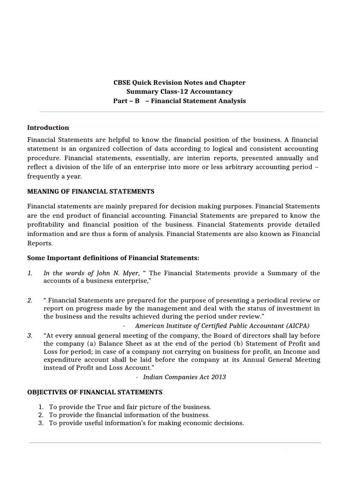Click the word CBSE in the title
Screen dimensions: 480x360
pyautogui.click(x=122, y=82)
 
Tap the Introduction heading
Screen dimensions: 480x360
pyautogui.click(x=48, y=127)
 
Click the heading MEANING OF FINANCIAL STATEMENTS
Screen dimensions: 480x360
pyautogui.click(x=90, y=191)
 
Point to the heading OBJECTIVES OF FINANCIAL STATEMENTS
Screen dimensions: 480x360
pyautogui.click(x=95, y=392)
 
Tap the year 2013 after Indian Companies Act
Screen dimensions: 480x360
pyautogui.click(x=217, y=377)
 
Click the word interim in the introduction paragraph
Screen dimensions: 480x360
pyautogui.click(x=188, y=158)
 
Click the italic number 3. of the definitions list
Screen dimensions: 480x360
pyautogui.click(x=30, y=335)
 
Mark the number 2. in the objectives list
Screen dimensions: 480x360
pyautogui.click(x=41, y=415)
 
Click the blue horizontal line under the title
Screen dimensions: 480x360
pyautogui.click(x=181, y=112)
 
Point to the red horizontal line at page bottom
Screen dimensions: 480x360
pyautogui.click(x=175, y=442)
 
